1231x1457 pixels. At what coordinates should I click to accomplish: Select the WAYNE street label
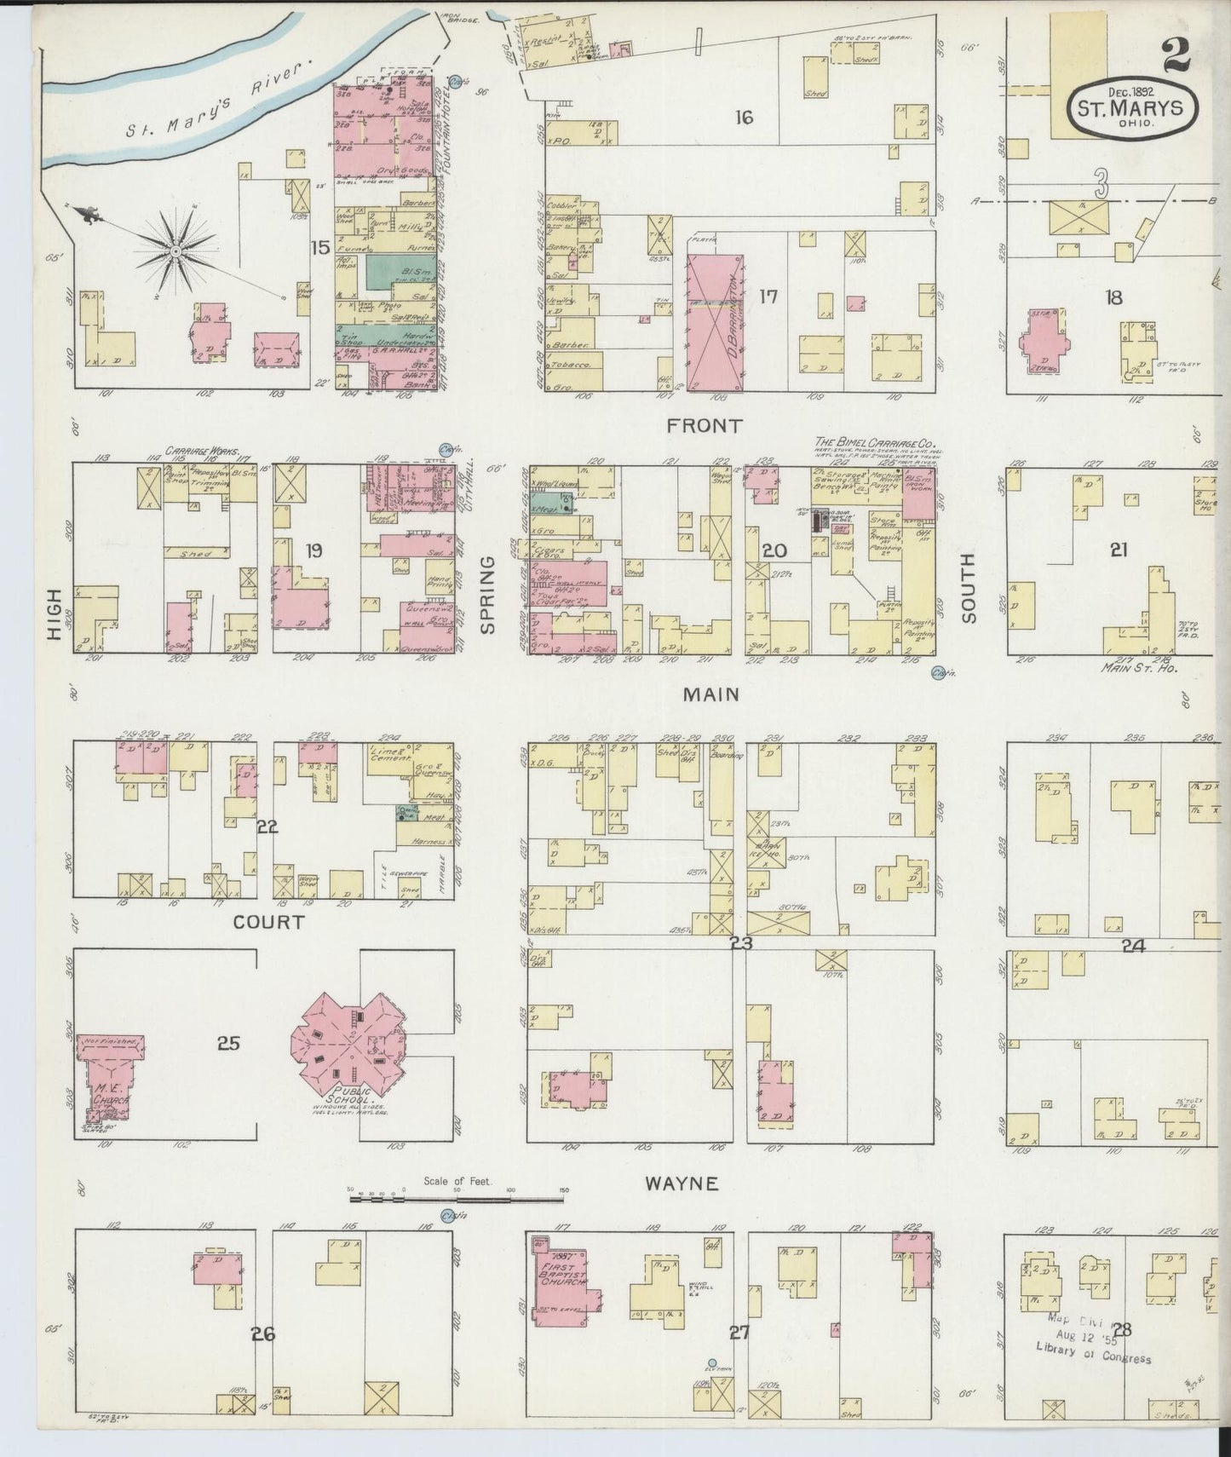coord(681,1183)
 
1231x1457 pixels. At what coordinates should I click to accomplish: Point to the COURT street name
coord(268,923)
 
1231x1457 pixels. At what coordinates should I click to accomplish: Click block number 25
coord(228,1042)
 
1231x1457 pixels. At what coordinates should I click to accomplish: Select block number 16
coord(744,118)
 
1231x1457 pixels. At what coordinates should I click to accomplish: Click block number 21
coord(1118,550)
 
